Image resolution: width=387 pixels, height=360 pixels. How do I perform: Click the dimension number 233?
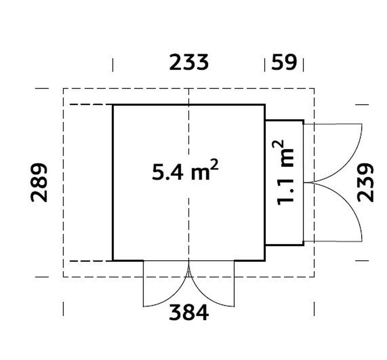[x=189, y=62]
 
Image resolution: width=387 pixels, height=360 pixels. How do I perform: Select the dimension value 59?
[x=284, y=62]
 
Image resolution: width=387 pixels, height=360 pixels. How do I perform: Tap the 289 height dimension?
[x=39, y=182]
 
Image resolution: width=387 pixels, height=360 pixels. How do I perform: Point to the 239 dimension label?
[x=365, y=182]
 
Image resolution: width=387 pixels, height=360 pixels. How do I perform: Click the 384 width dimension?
[x=189, y=312]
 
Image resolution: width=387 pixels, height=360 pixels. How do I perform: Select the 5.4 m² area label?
[x=185, y=170]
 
